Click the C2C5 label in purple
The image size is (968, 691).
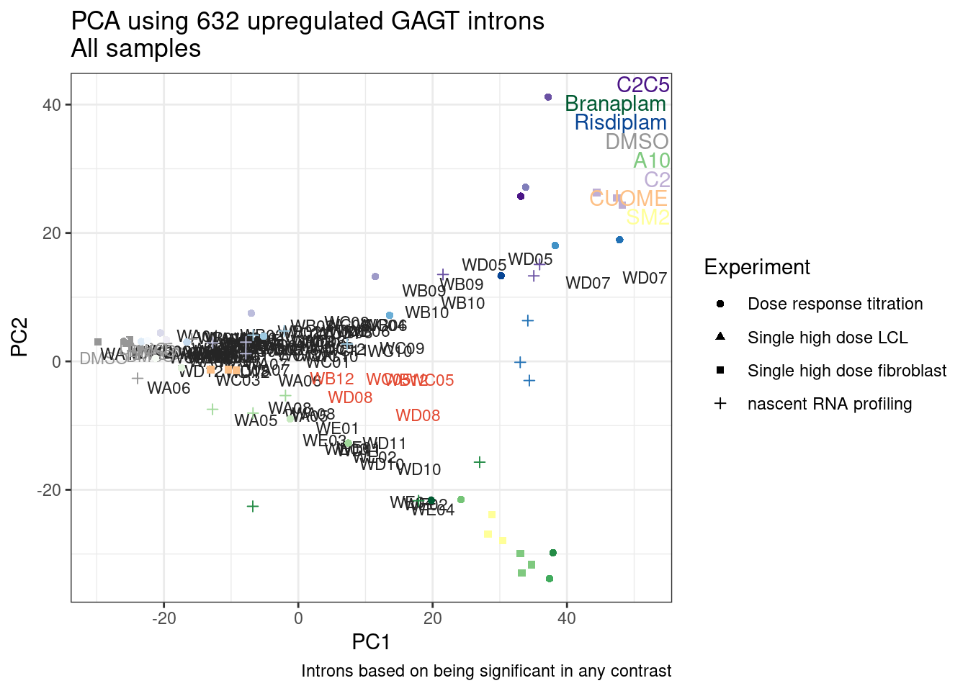point(642,85)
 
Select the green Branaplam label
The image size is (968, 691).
point(615,104)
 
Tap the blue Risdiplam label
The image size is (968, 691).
point(620,122)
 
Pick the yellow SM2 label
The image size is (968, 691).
point(647,217)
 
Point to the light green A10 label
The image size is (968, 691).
point(651,161)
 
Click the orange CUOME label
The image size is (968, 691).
point(628,198)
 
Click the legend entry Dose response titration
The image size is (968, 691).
point(835,304)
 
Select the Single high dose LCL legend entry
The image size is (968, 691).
point(827,338)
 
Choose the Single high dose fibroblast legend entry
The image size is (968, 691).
point(846,371)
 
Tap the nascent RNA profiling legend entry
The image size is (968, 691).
point(829,404)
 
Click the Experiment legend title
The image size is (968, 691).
point(756,267)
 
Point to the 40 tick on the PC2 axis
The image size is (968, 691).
point(51,105)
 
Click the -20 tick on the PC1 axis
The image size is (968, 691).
point(163,618)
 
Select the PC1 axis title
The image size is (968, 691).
point(371,642)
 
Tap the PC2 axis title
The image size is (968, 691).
point(19,337)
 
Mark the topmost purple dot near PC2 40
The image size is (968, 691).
point(548,97)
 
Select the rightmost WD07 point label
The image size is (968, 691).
point(645,278)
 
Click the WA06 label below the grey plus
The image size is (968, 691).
point(169,389)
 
